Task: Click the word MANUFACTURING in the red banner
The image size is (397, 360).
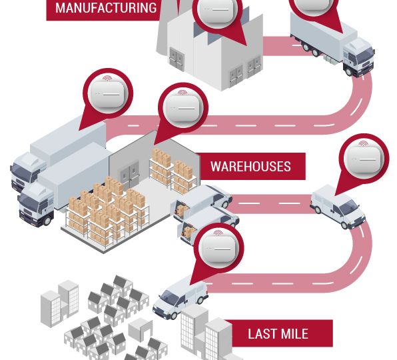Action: tap(106, 8)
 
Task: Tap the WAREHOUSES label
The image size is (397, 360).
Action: tap(250, 167)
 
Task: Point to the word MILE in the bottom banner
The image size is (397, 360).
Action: tap(294, 333)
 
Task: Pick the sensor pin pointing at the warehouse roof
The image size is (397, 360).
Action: tap(183, 108)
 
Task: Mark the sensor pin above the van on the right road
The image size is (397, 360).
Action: tap(363, 159)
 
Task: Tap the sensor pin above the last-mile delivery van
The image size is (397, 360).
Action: tap(218, 248)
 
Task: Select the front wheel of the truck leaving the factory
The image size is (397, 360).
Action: tap(348, 71)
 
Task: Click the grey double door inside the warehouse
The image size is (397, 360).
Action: tap(130, 173)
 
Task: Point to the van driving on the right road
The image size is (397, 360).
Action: tap(338, 207)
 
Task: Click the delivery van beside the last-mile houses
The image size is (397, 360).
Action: tap(181, 297)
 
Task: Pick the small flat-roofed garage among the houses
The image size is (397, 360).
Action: tap(141, 329)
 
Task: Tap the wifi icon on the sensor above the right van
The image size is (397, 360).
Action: tap(363, 143)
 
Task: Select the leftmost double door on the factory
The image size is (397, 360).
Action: tap(177, 58)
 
